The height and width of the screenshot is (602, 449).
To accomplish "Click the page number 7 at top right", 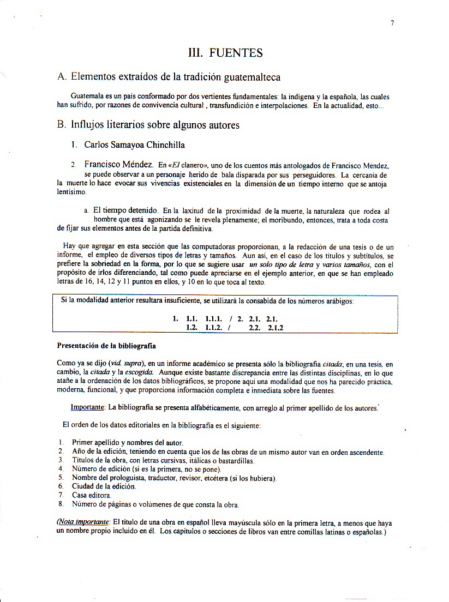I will pyautogui.click(x=392, y=23).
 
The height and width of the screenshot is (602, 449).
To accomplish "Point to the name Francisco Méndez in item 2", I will pyautogui.click(x=118, y=164).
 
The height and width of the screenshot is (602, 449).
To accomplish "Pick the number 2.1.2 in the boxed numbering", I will pyautogui.click(x=275, y=328).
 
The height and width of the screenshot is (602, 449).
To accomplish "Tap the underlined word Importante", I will pyautogui.click(x=88, y=407).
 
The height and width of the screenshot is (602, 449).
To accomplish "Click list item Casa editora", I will pyautogui.click(x=91, y=495).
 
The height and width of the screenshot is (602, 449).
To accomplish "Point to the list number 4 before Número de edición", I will pyautogui.click(x=61, y=468).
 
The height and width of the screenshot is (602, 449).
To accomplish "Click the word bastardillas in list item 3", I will pyautogui.click(x=235, y=460).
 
